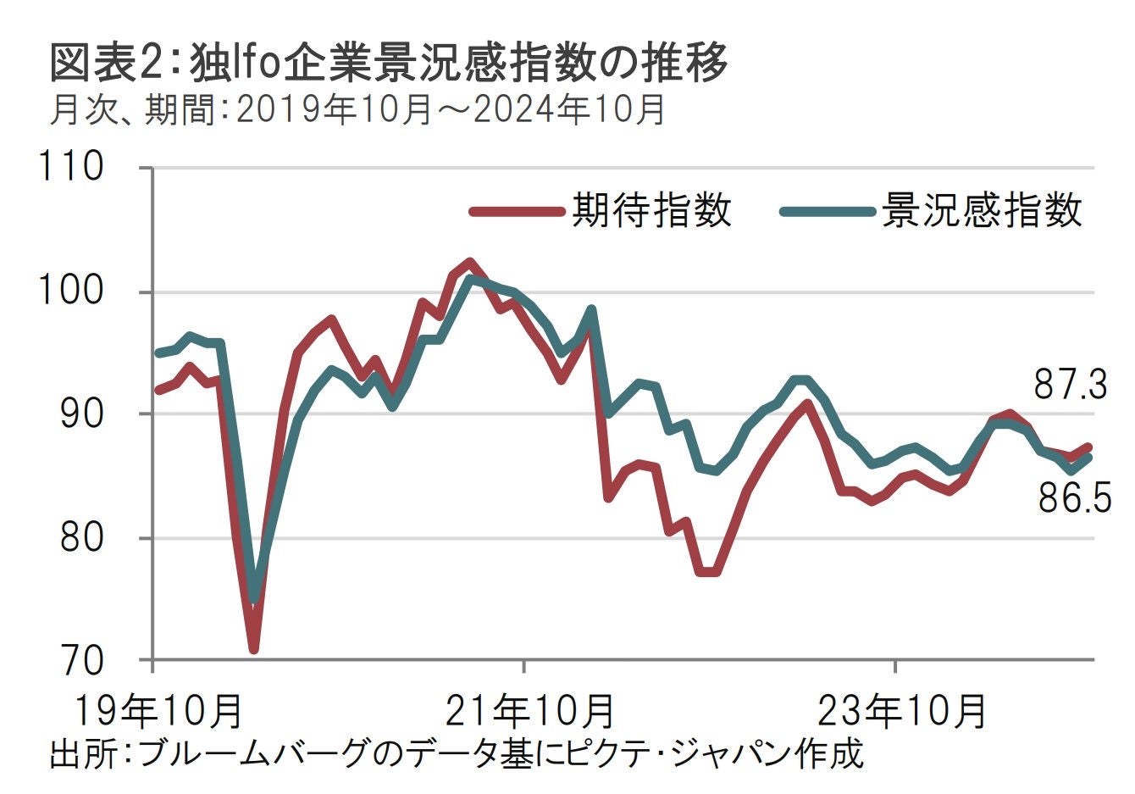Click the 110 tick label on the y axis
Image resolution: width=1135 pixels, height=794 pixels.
(x=72, y=166)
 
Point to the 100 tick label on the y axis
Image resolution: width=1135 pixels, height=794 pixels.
(x=72, y=291)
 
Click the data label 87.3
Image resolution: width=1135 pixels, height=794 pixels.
(x=1071, y=386)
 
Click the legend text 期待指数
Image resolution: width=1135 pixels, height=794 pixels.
(x=651, y=209)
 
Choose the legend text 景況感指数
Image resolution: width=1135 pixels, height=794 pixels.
(x=982, y=209)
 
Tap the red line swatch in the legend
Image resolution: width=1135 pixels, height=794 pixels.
(x=516, y=211)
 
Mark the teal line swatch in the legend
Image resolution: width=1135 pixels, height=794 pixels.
(x=826, y=211)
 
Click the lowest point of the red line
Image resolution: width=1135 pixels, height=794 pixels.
(x=253, y=649)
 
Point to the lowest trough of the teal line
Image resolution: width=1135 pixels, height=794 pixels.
(x=254, y=598)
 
